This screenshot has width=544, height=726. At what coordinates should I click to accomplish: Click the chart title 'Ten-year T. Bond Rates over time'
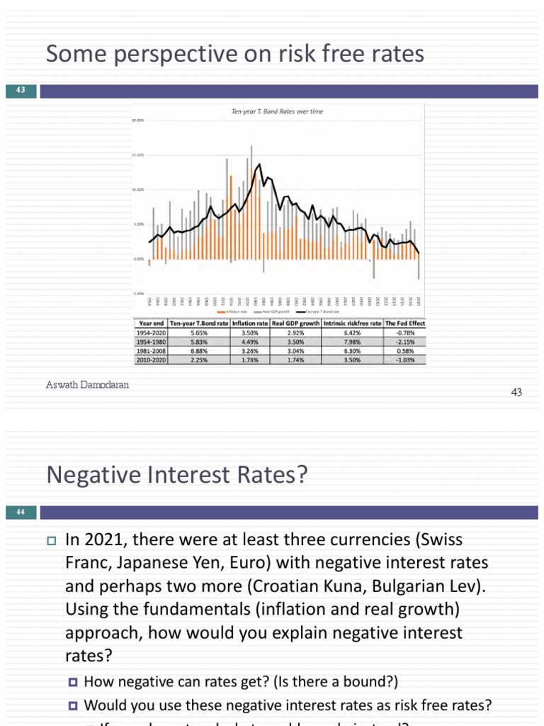point(278,111)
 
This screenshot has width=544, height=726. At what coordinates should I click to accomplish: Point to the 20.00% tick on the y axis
point(137,121)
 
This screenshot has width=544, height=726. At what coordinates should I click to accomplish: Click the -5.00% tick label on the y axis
point(137,293)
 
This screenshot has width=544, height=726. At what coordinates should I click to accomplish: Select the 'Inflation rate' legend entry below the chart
point(234,311)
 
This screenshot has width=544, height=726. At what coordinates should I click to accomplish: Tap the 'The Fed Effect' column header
point(404,323)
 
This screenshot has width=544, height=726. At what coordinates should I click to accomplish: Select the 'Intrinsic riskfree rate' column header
point(352,323)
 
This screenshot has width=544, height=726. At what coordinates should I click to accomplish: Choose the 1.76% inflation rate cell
point(250,359)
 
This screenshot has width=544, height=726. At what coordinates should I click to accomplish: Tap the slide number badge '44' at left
point(20,512)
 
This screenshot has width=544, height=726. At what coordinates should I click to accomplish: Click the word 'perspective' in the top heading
point(154,55)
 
